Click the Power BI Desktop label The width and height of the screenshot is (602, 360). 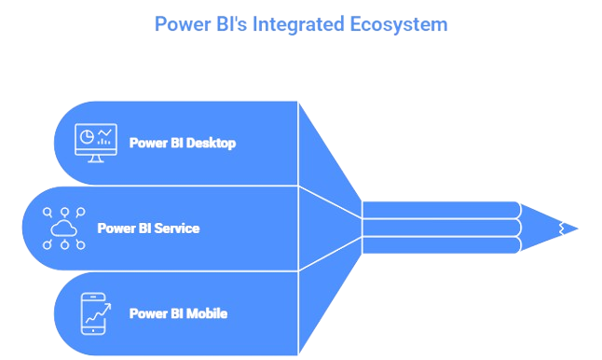(x=182, y=144)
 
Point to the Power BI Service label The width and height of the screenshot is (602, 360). (x=147, y=228)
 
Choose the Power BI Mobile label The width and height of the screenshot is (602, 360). (x=178, y=313)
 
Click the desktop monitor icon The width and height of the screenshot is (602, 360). (x=96, y=143)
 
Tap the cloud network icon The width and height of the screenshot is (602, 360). (x=64, y=228)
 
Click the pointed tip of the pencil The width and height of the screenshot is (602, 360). (x=575, y=228)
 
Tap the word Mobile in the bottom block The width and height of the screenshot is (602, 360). (x=207, y=313)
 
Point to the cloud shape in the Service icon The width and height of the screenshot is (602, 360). (x=64, y=228)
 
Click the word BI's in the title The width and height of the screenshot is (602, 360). (x=233, y=23)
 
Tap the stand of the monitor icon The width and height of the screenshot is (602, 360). (x=96, y=159)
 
